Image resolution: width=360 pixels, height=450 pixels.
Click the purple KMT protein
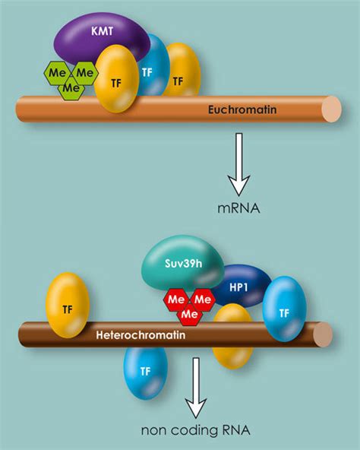102,39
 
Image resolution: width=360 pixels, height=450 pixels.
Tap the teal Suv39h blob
182,263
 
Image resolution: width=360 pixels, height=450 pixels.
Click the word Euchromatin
242,109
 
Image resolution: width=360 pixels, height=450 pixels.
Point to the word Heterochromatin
141,335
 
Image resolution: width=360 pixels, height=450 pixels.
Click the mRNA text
238,208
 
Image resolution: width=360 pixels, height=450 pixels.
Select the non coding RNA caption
196,430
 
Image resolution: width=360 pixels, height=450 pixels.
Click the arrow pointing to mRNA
239,164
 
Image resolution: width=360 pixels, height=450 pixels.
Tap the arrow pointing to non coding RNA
196,388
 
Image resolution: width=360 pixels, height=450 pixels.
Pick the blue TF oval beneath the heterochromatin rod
145,373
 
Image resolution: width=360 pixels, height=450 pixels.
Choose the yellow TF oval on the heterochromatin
68,305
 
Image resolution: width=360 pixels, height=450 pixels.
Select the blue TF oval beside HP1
285,309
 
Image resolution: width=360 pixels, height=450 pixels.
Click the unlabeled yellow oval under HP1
233,336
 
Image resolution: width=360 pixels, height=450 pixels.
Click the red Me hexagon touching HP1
203,300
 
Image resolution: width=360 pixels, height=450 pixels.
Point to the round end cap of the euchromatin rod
332,109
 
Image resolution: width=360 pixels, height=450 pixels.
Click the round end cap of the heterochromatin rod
323,334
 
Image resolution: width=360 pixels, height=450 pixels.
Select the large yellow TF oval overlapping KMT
116,78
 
